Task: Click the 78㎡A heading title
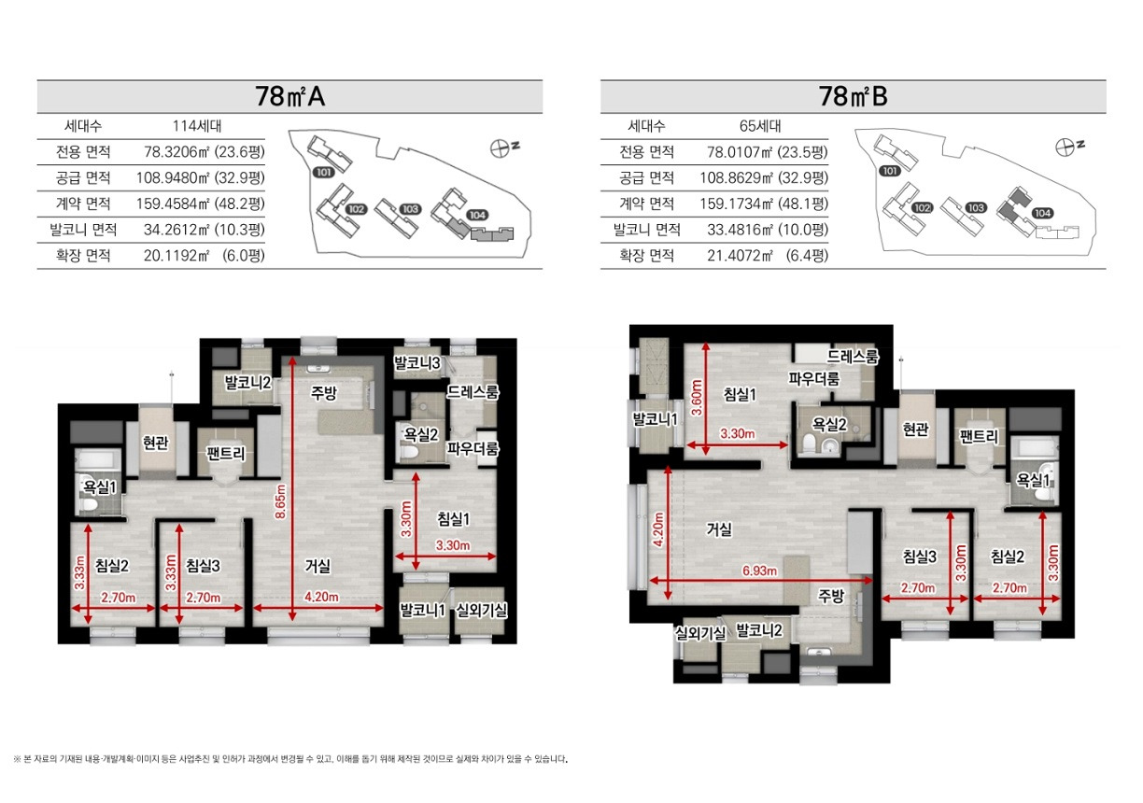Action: pos(289,96)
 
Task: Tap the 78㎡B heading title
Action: pos(854,96)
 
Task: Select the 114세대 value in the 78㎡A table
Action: pos(197,125)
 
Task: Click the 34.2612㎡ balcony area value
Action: pos(176,230)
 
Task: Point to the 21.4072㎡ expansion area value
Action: pos(740,255)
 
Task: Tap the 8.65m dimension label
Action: pos(281,501)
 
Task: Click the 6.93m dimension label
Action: pos(759,571)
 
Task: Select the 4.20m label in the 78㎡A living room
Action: pos(321,597)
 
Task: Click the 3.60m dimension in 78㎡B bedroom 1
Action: pos(697,398)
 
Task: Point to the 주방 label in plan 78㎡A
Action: pos(323,393)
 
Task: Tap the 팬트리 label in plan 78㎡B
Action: pos(979,436)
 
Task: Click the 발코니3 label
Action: pos(416,362)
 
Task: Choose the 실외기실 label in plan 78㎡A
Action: pos(481,610)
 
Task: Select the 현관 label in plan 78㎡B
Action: pos(916,430)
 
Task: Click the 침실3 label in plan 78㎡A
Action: pos(203,565)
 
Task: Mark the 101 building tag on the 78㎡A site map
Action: pos(324,172)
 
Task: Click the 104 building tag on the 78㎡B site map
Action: pos(1042,213)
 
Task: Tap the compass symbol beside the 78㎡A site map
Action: pos(499,148)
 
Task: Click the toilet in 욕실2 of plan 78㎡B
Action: pos(809,444)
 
